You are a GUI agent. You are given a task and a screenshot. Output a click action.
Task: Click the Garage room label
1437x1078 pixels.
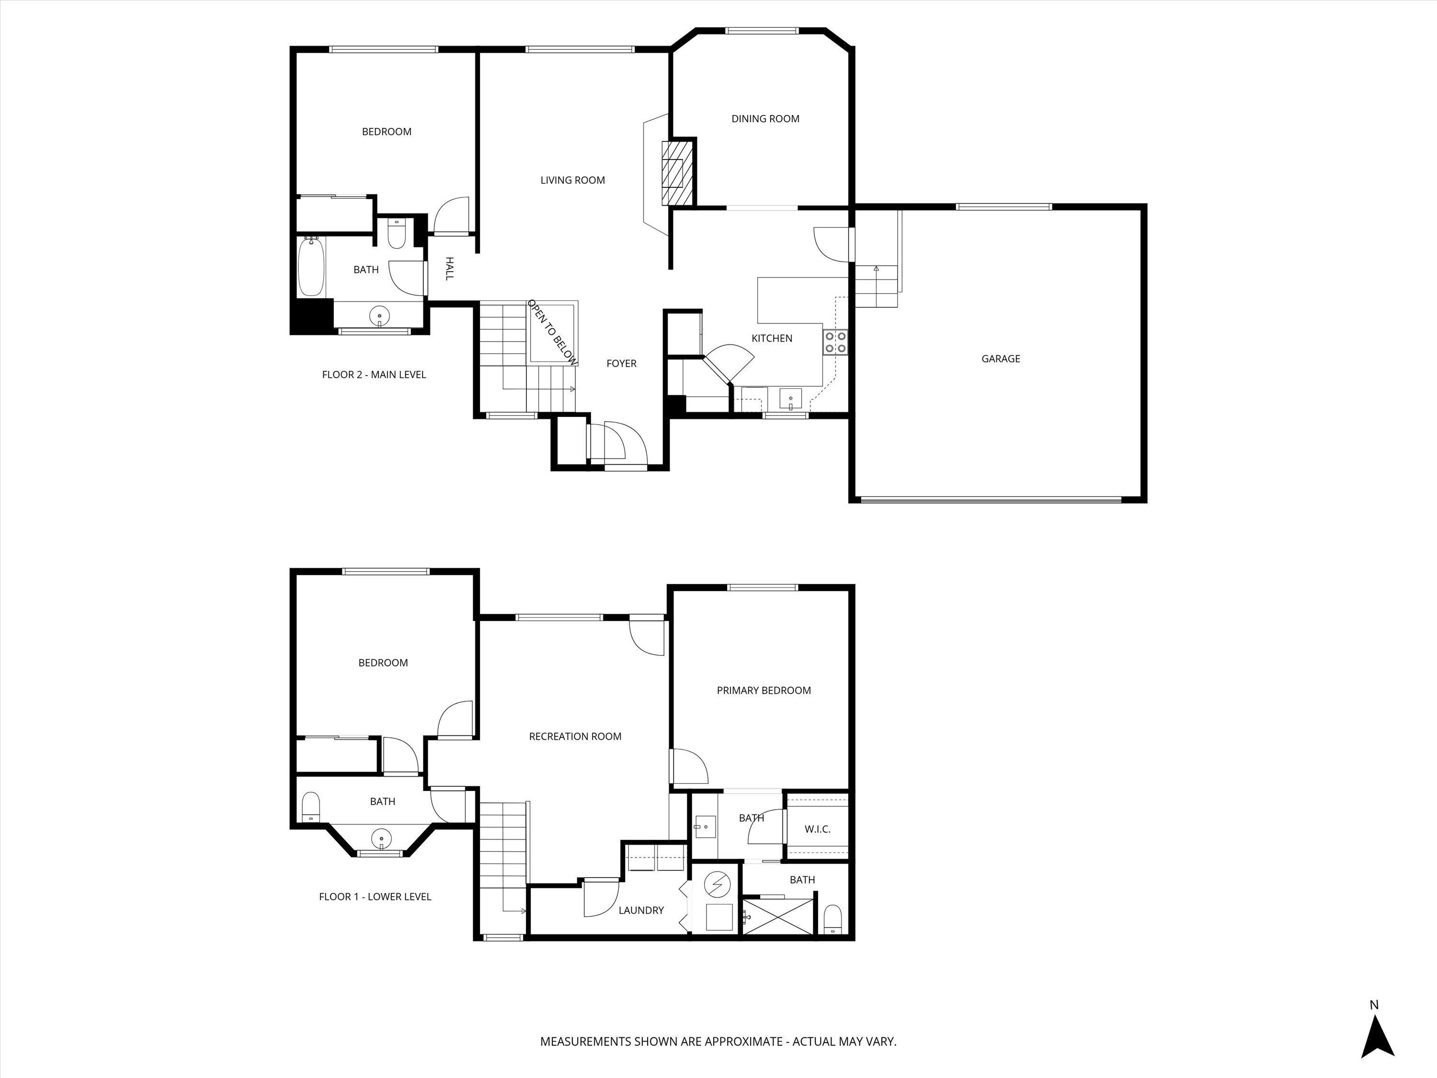1001,359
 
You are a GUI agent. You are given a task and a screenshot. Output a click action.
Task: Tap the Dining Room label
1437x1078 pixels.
765,119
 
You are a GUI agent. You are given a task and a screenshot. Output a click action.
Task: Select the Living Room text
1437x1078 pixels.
572,181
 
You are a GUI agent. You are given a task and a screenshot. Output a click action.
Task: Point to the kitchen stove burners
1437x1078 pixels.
835,342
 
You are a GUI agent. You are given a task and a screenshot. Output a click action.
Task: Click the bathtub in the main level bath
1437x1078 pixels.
310,267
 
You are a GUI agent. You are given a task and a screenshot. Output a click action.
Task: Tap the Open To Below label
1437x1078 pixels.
552,332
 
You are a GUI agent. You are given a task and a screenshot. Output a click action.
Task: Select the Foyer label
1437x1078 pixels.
621,364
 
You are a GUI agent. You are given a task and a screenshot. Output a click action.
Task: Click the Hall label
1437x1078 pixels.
449,268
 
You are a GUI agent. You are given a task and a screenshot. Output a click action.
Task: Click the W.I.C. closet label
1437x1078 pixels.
817,829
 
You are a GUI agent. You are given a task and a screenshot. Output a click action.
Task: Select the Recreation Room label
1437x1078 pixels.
575,737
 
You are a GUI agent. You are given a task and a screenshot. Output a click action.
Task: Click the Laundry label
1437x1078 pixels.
640,910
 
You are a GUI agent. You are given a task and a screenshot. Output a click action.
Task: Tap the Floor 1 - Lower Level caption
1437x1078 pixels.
375,897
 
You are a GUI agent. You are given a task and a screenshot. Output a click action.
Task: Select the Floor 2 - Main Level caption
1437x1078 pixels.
374,375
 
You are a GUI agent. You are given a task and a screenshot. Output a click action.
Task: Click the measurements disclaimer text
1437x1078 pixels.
718,1042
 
